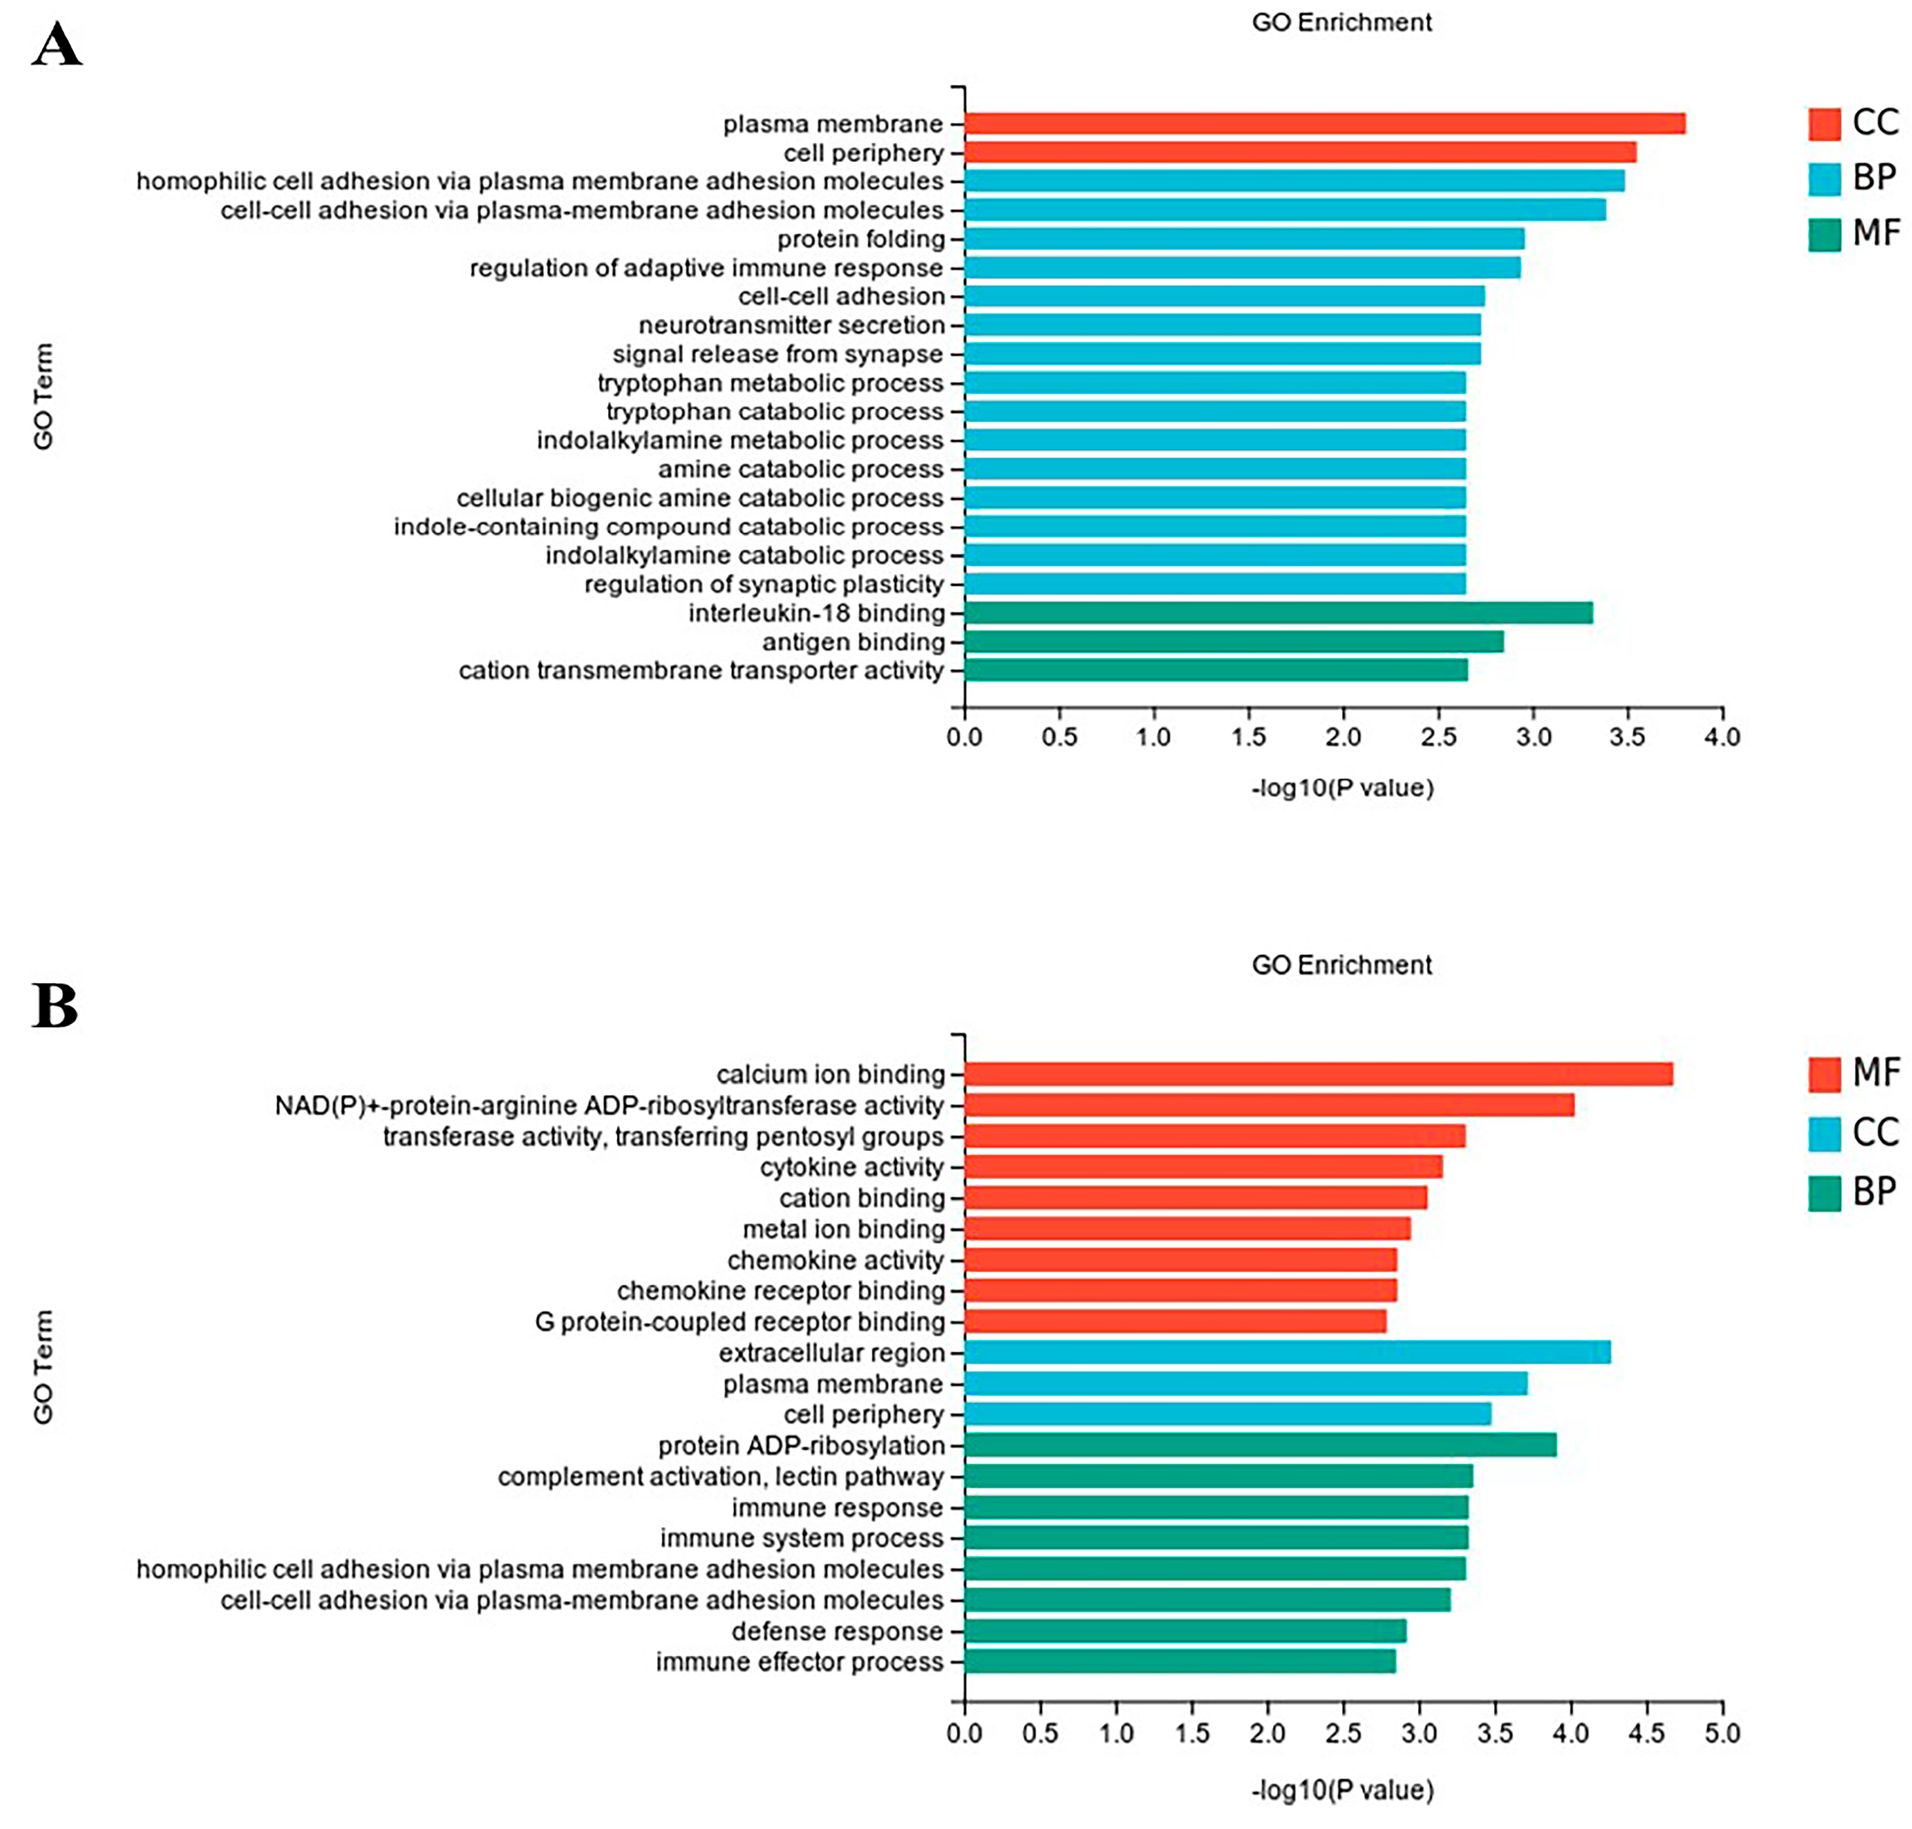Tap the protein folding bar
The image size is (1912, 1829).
click(1243, 239)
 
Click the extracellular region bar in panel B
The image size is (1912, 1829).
click(1286, 1352)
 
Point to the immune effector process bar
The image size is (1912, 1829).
click(1179, 1661)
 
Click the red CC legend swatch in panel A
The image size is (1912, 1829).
click(1824, 124)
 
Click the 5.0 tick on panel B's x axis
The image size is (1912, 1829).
click(1721, 1733)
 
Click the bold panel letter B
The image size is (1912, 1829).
click(54, 1005)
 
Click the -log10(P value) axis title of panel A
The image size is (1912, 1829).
click(1342, 788)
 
